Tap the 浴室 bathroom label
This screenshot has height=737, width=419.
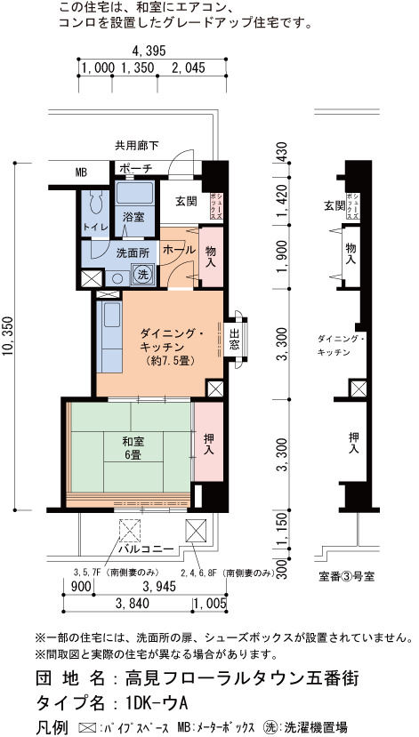133,217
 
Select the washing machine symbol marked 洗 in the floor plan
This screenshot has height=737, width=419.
141,273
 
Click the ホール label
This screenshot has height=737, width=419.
179,250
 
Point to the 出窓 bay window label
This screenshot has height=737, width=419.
234,339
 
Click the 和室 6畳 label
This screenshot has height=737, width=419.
133,448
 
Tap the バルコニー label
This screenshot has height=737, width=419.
147,549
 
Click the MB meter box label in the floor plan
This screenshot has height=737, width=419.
81,172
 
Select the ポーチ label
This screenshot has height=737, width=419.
135,168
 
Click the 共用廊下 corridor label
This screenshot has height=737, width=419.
136,145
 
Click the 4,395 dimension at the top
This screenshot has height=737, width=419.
149,51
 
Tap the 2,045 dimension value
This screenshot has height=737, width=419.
189,68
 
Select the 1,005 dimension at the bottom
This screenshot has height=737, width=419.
210,604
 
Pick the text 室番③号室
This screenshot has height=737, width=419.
347,577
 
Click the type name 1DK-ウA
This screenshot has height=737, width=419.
157,703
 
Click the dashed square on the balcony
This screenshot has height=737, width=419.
129,531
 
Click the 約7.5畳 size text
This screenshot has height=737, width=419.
170,361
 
